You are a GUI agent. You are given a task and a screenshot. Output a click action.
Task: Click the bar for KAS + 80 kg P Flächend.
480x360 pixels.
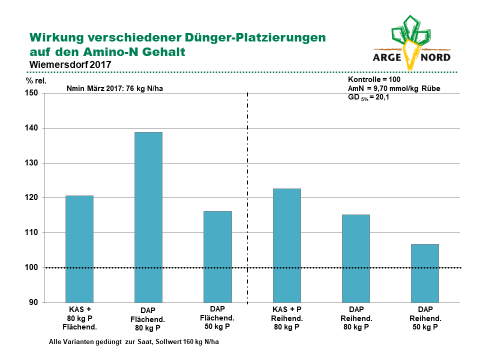pos(79,249)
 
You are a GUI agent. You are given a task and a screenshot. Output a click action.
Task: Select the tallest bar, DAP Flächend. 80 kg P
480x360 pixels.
pos(148,217)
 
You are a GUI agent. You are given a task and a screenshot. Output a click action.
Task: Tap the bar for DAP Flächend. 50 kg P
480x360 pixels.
pos(217,257)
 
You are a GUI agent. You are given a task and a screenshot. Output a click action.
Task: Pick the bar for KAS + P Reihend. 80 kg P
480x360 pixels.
pos(287,245)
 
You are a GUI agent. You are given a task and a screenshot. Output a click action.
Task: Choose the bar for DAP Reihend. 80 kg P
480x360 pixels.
pos(356,258)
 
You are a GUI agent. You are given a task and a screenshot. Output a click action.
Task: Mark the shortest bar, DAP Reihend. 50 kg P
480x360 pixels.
pos(425,273)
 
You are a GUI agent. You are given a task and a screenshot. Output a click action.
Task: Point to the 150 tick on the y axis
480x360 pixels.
pos(31,93)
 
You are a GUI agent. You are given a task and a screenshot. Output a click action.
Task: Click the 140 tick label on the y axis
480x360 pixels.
pos(31,128)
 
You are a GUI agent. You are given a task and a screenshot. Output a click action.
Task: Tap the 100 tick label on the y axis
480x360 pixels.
pos(31,267)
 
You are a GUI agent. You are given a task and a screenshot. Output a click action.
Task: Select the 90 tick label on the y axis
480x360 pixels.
pos(33,302)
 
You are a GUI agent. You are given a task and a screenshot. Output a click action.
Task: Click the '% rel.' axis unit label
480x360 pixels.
pos(36,81)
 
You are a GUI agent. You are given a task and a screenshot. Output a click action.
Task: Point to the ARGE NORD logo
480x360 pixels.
pos(411,43)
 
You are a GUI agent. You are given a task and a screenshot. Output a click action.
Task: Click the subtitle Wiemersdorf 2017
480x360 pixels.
pos(70,64)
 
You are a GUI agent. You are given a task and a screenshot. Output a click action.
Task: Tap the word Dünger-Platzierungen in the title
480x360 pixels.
pos(255,37)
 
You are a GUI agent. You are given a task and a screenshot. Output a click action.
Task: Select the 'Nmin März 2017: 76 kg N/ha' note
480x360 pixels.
pos(115,88)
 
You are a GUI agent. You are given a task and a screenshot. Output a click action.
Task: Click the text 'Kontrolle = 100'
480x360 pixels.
pos(374,79)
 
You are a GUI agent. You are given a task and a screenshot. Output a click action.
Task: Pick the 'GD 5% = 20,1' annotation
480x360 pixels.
pos(368,97)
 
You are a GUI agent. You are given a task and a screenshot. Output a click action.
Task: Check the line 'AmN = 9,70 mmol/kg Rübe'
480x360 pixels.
pos(394,88)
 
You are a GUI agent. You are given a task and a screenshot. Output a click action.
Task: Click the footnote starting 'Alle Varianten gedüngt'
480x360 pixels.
pos(134,341)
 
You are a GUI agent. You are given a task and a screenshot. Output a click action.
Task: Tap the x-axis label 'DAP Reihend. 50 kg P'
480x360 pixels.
pos(425,318)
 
